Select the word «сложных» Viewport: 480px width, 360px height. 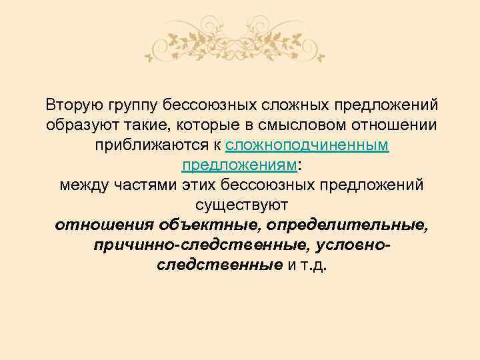295,105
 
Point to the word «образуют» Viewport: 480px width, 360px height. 77,125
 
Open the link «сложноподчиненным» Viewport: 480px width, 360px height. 308,145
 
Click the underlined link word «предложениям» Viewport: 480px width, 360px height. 238,165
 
